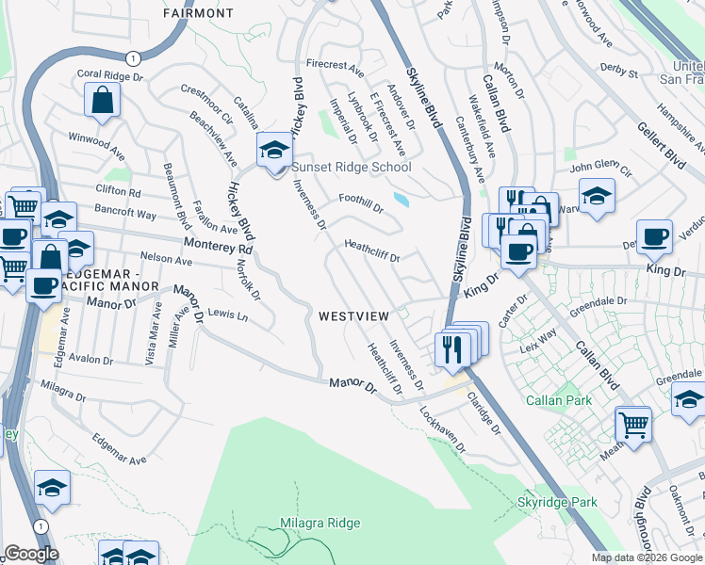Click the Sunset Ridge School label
pyautogui.click(x=351, y=168)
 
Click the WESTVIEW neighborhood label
pyautogui.click(x=353, y=316)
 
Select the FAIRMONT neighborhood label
pyautogui.click(x=198, y=14)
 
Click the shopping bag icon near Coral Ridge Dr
pyautogui.click(x=102, y=99)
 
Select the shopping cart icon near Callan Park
pyautogui.click(x=633, y=424)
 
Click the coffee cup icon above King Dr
pyautogui.click(x=654, y=235)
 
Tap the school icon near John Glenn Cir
pyautogui.click(x=597, y=196)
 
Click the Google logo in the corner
pyautogui.click(x=30, y=554)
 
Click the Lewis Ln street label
pyautogui.click(x=228, y=315)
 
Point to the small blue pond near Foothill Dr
pyautogui.click(x=403, y=200)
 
